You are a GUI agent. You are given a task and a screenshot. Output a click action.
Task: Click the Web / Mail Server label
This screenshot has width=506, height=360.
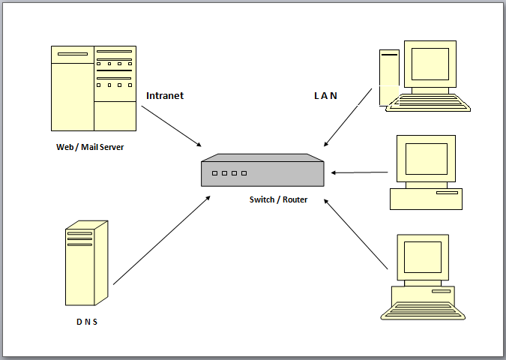pyautogui.click(x=90, y=147)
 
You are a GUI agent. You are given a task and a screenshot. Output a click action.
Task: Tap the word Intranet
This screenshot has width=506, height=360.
pyautogui.click(x=164, y=96)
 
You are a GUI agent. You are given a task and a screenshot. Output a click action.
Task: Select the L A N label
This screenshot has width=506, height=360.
pyautogui.click(x=325, y=96)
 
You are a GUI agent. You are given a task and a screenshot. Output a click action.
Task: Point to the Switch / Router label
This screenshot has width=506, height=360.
pyautogui.click(x=278, y=199)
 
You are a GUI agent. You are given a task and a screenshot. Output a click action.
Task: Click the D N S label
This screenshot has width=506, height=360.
pyautogui.click(x=86, y=322)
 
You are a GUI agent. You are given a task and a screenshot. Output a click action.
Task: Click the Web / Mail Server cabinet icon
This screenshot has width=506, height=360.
pyautogui.click(x=94, y=88)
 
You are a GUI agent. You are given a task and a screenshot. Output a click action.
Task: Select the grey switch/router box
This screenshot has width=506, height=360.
pyautogui.click(x=262, y=171)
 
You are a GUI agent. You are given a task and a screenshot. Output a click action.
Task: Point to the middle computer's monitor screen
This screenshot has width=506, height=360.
pyautogui.click(x=426, y=158)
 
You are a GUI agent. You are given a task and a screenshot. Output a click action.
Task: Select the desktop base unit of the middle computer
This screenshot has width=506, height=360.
pyautogui.click(x=426, y=198)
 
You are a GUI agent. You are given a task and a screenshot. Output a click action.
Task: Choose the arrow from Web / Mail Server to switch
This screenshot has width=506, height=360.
pyautogui.click(x=172, y=125)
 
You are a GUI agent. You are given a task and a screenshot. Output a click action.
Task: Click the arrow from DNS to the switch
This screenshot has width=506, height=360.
pyautogui.click(x=161, y=241)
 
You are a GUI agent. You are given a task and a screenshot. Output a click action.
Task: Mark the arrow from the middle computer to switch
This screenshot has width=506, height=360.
pyautogui.click(x=360, y=172)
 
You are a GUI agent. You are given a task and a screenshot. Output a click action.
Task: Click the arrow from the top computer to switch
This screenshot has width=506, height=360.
pyautogui.click(x=348, y=118)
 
